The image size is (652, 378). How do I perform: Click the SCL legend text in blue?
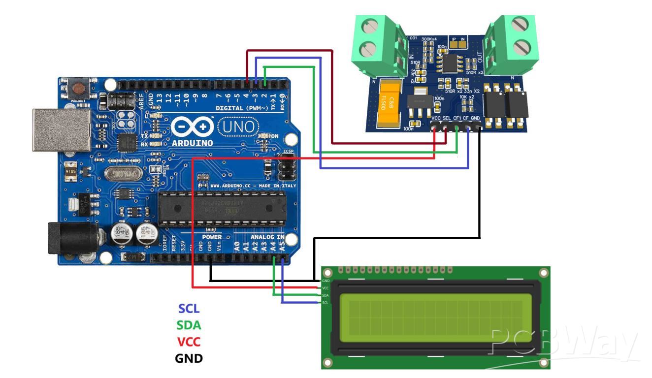pyautogui.click(x=189, y=309)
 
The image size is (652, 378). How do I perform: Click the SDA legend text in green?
pyautogui.click(x=190, y=325)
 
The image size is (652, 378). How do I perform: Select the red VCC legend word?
pyautogui.click(x=190, y=342)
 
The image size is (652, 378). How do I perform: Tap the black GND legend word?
pyautogui.click(x=190, y=358)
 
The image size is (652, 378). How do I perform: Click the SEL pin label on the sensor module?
pyautogui.click(x=447, y=119)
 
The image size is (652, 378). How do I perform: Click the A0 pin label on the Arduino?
pyautogui.click(x=236, y=247)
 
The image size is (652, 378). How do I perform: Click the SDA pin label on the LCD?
pyautogui.click(x=325, y=295)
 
